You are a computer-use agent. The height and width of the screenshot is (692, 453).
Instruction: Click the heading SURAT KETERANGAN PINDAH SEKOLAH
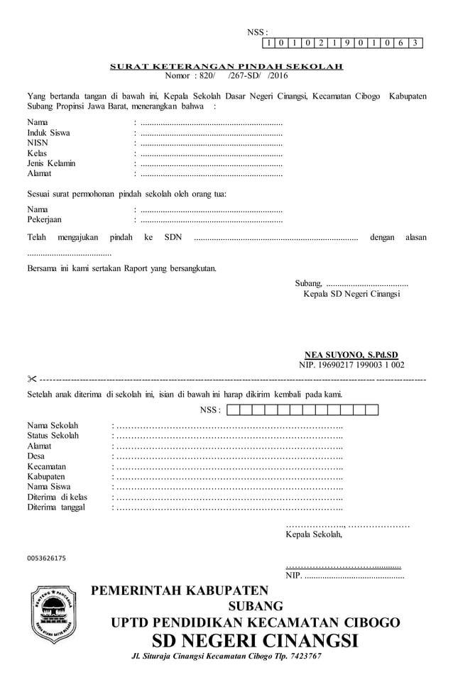point(226,67)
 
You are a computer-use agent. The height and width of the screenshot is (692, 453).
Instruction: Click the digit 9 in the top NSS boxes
point(348,43)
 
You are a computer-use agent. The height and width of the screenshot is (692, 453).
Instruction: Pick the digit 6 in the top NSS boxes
point(402,43)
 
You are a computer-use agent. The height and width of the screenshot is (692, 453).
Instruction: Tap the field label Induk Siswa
point(48,133)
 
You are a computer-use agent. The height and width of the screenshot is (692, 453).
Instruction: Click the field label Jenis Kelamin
point(51,163)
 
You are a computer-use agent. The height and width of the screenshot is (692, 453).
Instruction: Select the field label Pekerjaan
point(46,219)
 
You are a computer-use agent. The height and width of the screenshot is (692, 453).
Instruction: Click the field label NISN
point(38,143)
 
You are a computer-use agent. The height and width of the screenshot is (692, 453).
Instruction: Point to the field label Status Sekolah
point(53,435)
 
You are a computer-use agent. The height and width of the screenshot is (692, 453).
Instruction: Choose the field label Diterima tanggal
point(56,507)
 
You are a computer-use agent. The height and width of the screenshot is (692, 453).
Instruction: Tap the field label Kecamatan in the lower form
point(47,466)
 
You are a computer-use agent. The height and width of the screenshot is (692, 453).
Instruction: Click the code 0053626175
point(46,559)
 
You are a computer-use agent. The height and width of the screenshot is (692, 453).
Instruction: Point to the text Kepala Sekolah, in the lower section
point(313,534)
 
